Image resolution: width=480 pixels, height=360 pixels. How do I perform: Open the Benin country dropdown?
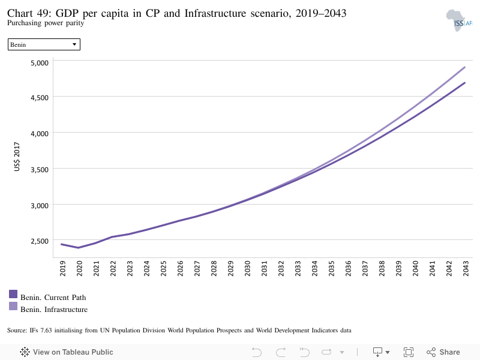click(44, 44)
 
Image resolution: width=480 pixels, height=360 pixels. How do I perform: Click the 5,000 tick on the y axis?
click(40, 63)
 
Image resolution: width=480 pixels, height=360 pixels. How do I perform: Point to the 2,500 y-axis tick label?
click(40, 241)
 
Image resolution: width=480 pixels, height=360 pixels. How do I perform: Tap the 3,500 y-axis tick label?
click(40, 170)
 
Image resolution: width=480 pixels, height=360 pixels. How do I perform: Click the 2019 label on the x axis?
click(63, 268)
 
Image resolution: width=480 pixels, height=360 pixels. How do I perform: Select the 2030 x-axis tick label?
click(247, 268)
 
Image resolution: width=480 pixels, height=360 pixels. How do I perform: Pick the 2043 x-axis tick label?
click(466, 268)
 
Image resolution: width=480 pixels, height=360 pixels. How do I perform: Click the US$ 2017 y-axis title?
click(17, 157)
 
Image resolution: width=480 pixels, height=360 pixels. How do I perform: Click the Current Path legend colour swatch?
click(13, 294)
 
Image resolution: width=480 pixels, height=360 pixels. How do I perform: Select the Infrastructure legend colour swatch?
click(13, 306)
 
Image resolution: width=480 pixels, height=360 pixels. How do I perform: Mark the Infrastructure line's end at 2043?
click(464, 67)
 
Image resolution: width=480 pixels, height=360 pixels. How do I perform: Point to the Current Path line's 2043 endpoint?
click(464, 83)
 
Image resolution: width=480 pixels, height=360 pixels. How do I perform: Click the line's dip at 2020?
click(79, 248)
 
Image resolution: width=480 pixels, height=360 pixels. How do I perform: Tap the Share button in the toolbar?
click(443, 352)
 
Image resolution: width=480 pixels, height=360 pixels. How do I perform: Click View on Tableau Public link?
click(67, 352)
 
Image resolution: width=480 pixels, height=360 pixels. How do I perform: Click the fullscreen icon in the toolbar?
click(409, 352)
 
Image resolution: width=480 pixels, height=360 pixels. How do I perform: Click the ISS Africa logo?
click(459, 20)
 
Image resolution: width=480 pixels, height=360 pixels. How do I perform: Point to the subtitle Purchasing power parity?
click(46, 23)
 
